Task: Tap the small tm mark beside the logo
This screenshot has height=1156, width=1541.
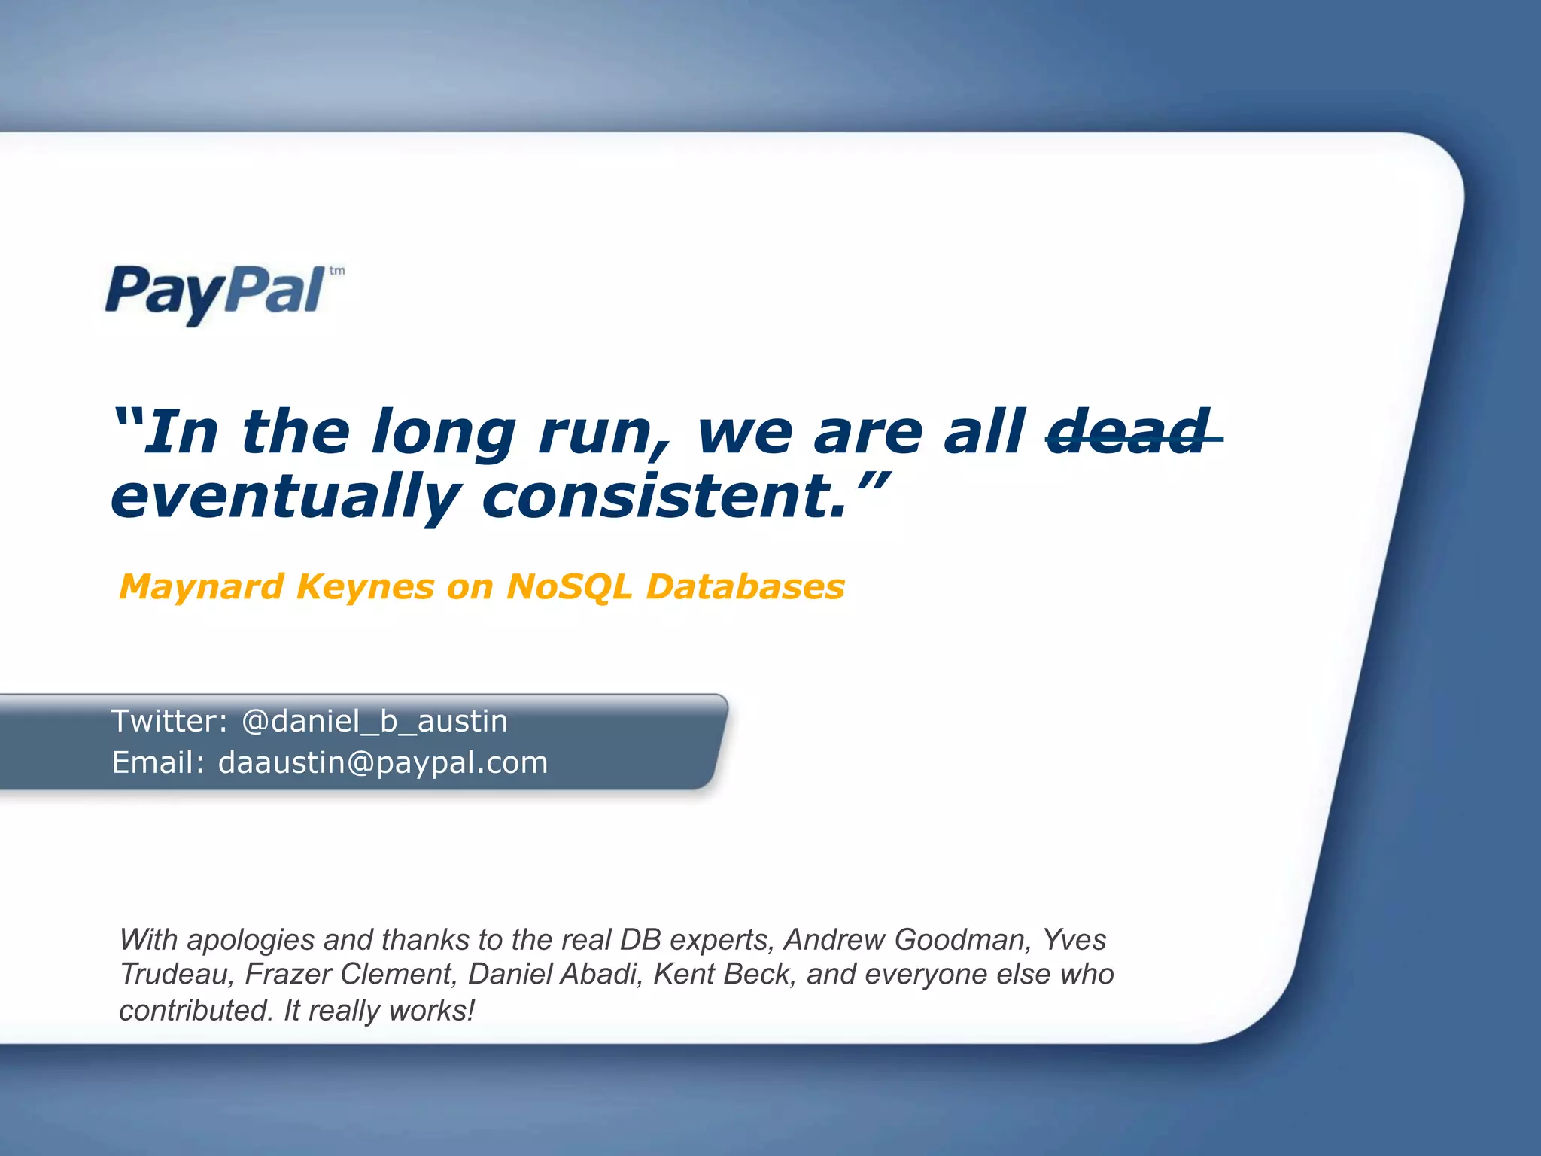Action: click(337, 271)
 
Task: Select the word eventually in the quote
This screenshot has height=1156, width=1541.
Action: click(286, 497)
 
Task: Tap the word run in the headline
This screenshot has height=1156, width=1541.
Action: click(598, 433)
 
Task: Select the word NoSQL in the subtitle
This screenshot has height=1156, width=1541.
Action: click(569, 587)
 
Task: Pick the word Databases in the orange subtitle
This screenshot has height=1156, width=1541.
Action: click(745, 587)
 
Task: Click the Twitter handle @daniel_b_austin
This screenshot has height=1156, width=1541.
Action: click(374, 721)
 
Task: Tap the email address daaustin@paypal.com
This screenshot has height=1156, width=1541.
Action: click(382, 762)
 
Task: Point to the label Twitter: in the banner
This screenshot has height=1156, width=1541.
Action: click(169, 721)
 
